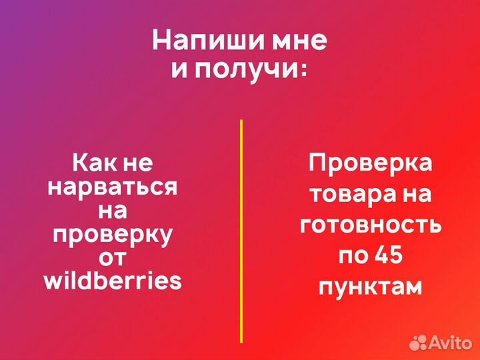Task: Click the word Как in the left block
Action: (89, 163)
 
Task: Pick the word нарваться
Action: (112, 187)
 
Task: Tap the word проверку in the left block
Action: (112, 235)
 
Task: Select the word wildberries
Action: (112, 281)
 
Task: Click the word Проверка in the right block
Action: (370, 164)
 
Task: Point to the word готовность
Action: (370, 225)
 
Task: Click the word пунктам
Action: (370, 287)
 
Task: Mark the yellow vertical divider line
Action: (241, 231)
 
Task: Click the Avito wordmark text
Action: (450, 342)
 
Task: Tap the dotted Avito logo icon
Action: (418, 342)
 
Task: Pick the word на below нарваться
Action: (112, 211)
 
